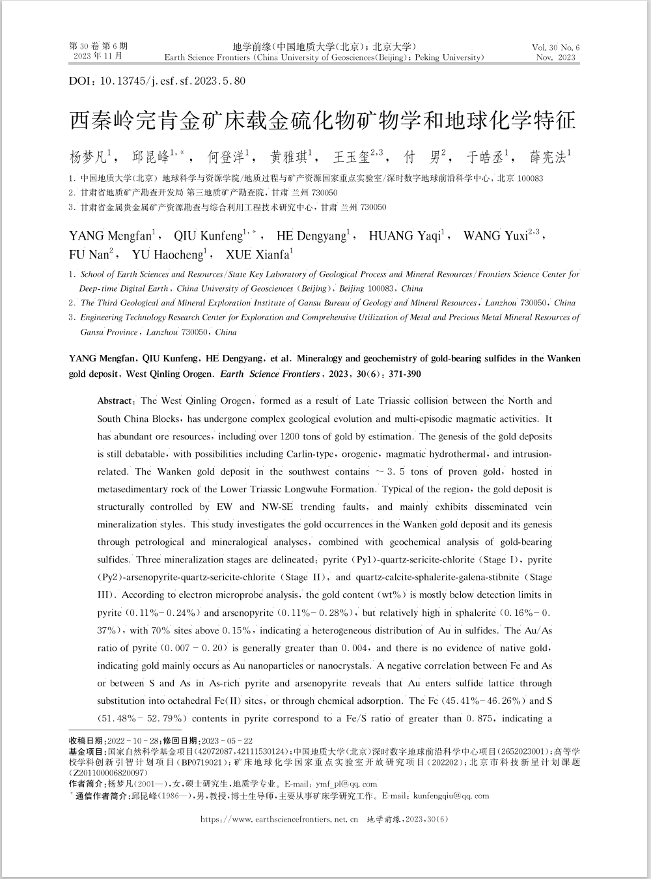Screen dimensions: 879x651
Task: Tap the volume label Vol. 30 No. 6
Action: coord(555,48)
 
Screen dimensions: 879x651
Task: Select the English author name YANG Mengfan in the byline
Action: coord(109,236)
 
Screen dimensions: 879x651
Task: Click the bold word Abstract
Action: coord(115,401)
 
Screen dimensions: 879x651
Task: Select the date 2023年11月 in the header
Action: coord(98,57)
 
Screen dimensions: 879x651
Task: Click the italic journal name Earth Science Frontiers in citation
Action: coord(270,374)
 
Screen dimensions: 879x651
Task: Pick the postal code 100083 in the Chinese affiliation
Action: coord(530,178)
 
